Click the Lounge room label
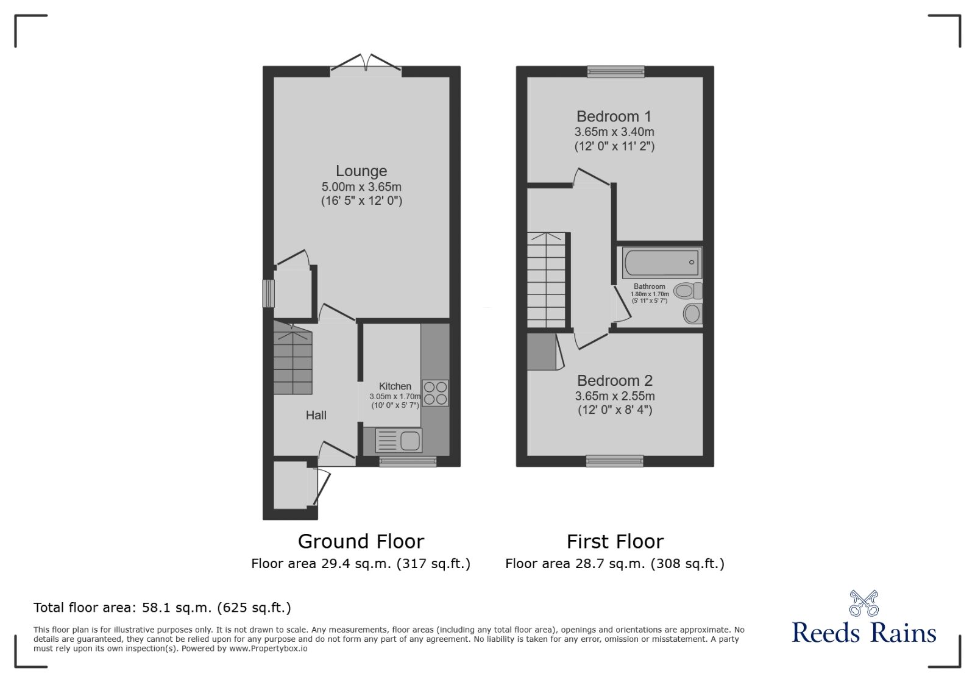pos(361,171)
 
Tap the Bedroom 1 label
pos(614,116)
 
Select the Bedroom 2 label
pos(615,381)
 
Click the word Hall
pos(316,415)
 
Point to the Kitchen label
pos(395,386)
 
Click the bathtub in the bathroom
pos(662,263)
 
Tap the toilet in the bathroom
pos(688,290)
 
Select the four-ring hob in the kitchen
pos(435,393)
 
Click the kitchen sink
pos(399,440)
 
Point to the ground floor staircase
pos(292,358)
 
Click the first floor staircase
pos(546,280)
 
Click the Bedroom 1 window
pos(615,71)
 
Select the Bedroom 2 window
pos(615,461)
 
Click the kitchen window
pos(408,461)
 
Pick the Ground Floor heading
pos(361,542)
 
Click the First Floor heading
pos(615,542)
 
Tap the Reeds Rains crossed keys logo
pos(864,603)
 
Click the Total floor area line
pos(162,608)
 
